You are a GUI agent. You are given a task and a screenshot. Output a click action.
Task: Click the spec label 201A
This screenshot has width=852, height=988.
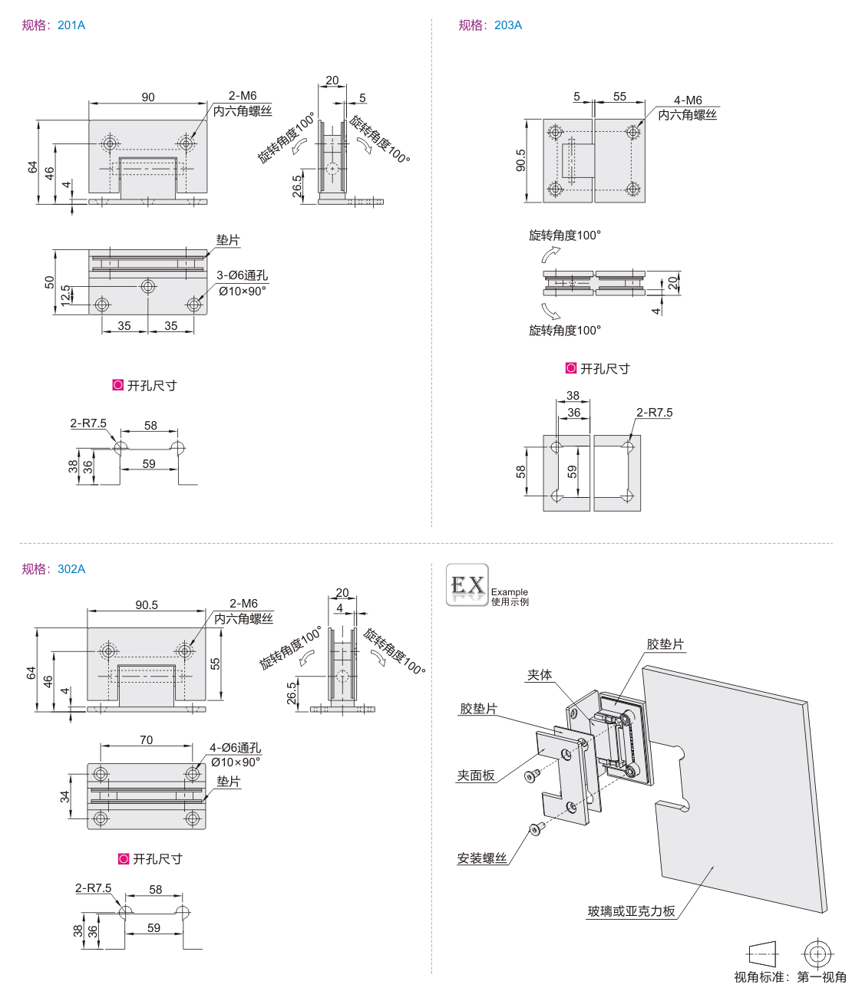point(71,25)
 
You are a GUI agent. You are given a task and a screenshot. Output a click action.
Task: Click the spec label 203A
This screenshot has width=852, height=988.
point(508,25)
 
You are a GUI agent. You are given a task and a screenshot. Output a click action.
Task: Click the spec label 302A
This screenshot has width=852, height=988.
point(71,569)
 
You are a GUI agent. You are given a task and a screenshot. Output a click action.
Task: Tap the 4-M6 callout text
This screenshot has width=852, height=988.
point(688,100)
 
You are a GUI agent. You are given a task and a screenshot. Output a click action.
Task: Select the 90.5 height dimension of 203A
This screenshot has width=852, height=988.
point(521,160)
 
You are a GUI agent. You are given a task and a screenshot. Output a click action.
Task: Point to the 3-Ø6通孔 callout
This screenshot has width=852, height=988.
point(242,275)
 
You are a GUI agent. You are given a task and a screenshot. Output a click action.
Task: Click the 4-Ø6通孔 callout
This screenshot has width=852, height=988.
point(235,748)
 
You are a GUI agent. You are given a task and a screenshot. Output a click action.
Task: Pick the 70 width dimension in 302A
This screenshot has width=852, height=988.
point(146,740)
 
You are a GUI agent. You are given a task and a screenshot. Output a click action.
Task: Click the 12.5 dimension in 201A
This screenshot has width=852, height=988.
point(66,295)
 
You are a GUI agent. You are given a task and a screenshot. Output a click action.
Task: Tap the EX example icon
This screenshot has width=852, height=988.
point(467,585)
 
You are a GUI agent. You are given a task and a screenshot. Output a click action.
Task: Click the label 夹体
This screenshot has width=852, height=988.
point(540,675)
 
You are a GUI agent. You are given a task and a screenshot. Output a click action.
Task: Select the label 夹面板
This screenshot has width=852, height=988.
point(476,776)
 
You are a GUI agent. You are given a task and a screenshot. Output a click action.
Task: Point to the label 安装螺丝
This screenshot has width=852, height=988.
point(482,858)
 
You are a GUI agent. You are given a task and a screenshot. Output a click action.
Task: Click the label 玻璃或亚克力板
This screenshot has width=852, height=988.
point(631,911)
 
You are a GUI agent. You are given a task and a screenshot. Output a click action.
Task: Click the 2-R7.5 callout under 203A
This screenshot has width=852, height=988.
point(654,413)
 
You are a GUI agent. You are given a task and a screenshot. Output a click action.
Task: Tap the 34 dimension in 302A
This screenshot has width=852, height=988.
point(65,797)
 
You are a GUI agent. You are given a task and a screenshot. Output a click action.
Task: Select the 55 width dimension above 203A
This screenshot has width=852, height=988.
point(619,97)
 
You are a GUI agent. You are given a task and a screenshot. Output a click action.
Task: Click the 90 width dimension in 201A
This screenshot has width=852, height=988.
point(148,97)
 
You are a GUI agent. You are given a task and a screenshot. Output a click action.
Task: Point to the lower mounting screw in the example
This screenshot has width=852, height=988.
point(536,829)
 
